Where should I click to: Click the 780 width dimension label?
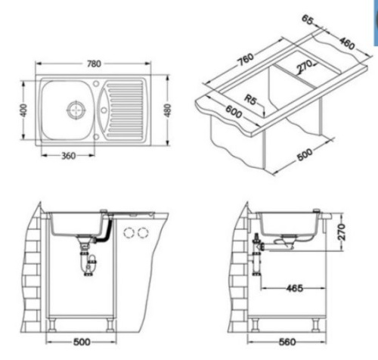94,64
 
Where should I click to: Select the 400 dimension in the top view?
23,110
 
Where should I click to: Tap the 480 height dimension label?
167,110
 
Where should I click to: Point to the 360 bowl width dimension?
69,156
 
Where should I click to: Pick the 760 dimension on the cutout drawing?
246,59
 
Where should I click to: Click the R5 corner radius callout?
250,100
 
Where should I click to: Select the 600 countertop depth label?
234,112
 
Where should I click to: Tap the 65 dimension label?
308,20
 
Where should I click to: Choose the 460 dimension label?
347,43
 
